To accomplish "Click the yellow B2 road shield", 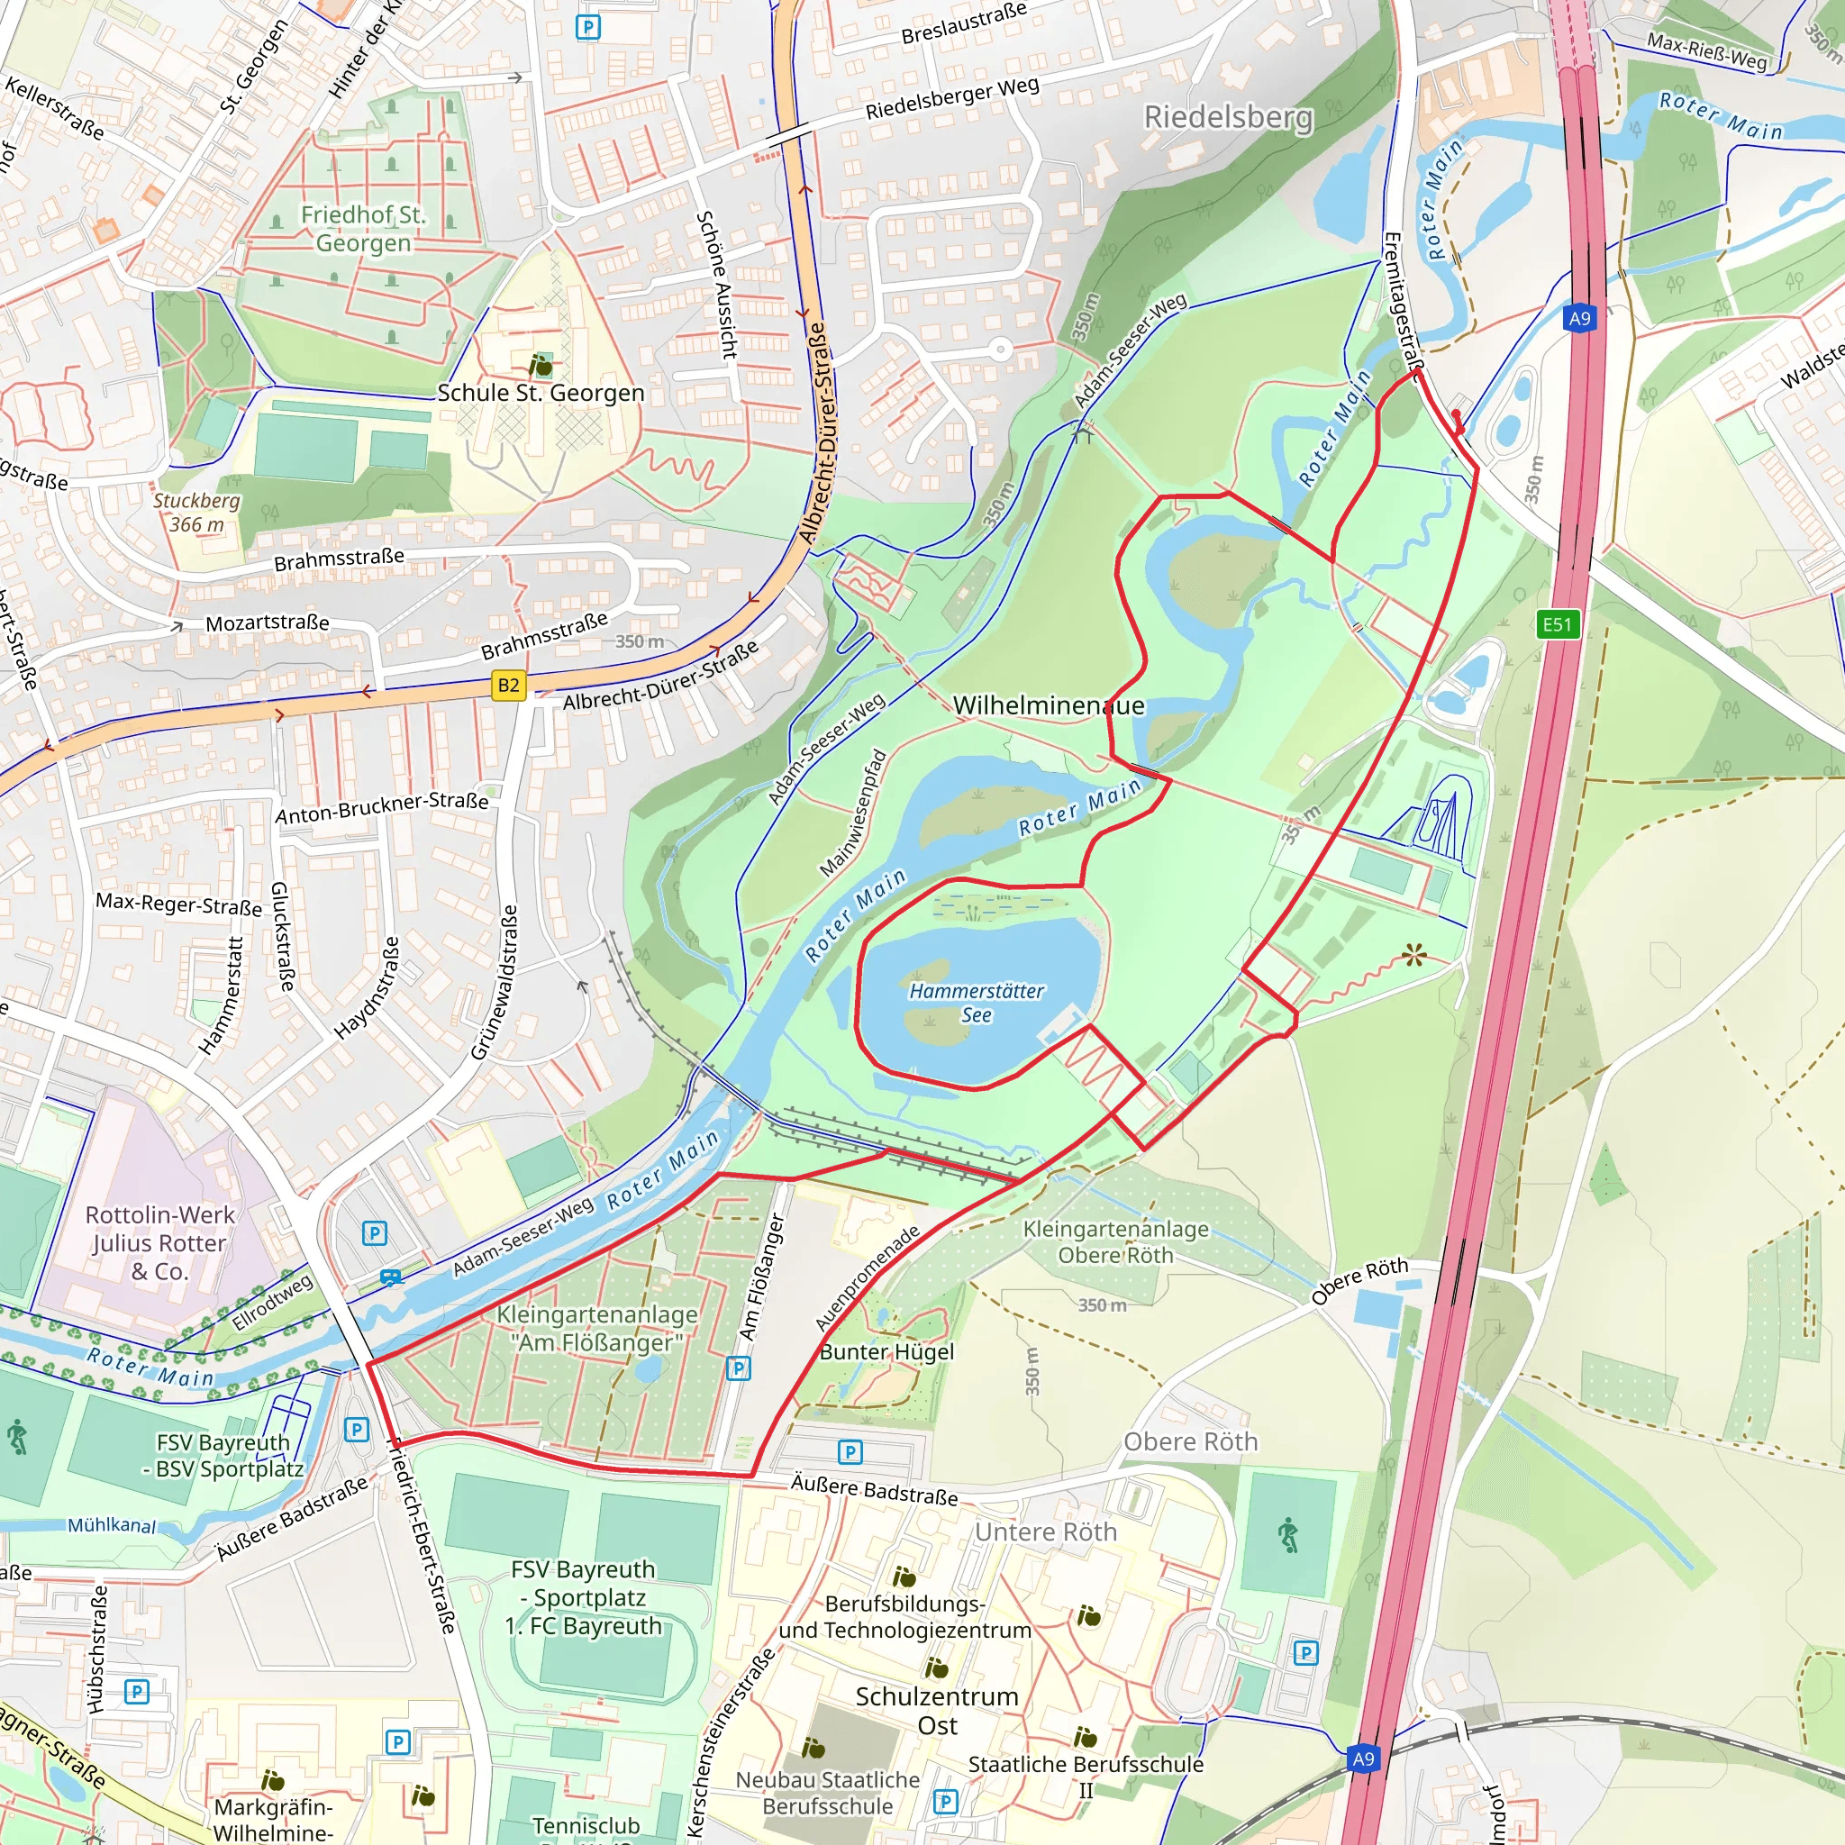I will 508,685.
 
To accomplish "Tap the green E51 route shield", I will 1557,624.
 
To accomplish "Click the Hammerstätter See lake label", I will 976,1003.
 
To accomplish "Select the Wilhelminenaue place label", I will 1048,705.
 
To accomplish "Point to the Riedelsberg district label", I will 1228,117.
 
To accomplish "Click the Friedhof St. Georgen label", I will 363,229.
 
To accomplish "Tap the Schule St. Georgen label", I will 541,393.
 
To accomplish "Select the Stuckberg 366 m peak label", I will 196,513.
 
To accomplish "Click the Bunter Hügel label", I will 887,1351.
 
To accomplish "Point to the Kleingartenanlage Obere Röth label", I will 1115,1241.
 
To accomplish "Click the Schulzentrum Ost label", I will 937,1711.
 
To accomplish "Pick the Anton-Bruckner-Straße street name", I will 382,808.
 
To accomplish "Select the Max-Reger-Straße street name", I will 178,904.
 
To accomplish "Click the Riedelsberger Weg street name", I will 951,98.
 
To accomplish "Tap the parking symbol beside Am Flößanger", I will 738,1368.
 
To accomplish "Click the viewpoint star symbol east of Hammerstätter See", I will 1414,954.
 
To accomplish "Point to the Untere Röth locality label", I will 1045,1531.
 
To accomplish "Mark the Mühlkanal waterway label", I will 112,1525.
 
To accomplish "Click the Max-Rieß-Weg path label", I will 1706,51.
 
